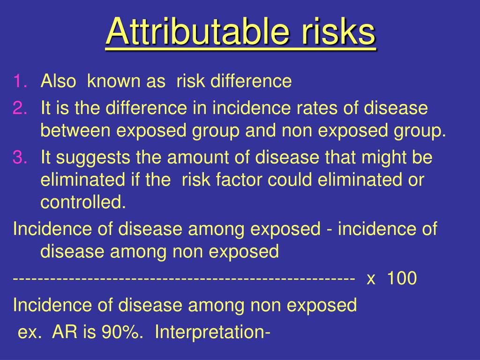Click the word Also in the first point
coord(58,82)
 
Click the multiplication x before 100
coord(371,278)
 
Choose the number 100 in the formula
coord(402,278)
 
